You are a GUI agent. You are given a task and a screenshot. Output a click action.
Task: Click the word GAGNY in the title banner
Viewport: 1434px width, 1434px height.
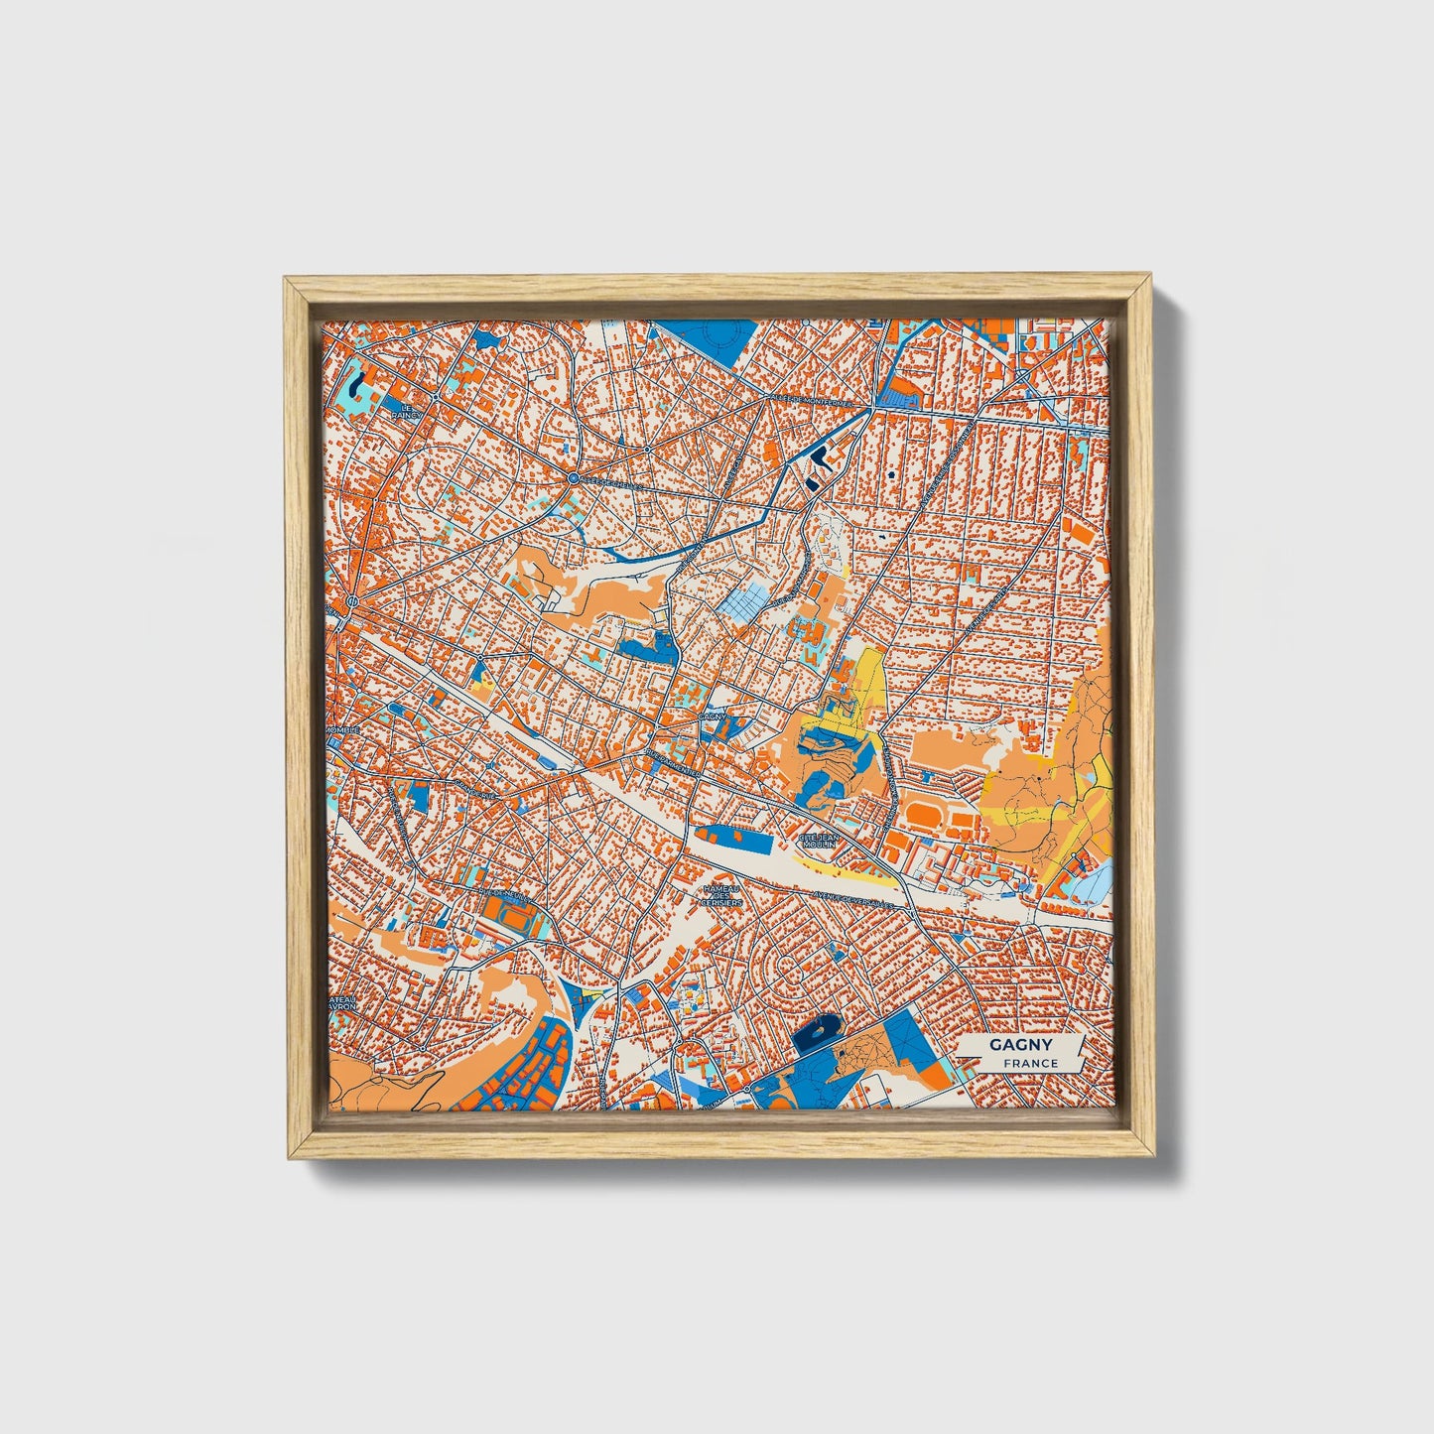click(1020, 1045)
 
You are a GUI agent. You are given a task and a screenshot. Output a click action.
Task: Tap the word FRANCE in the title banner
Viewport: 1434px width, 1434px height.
click(1030, 1064)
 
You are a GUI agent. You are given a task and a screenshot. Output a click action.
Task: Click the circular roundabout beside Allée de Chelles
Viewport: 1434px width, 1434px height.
click(573, 479)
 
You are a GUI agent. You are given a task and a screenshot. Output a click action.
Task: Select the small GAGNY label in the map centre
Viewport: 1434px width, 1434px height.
click(712, 715)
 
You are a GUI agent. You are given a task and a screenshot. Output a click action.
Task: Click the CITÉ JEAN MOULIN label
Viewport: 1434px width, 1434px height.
click(820, 841)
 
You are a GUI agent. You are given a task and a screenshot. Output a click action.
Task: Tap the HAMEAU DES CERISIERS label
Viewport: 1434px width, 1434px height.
click(721, 896)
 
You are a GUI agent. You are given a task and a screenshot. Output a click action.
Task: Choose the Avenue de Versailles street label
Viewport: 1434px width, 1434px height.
click(856, 899)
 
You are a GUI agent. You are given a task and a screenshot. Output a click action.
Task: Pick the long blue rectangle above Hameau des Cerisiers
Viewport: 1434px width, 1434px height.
click(734, 838)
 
